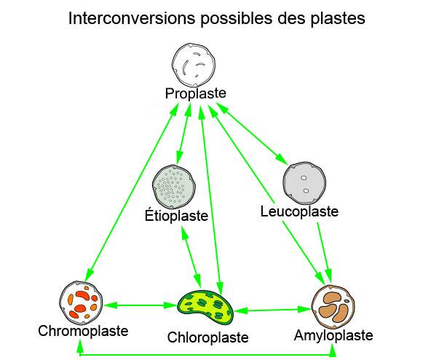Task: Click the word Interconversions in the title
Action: click(x=132, y=18)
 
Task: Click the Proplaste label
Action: click(x=196, y=94)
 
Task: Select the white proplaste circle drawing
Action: click(x=194, y=64)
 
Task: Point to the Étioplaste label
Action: click(x=176, y=215)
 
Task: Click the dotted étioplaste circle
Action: click(x=174, y=186)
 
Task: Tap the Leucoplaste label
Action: click(x=299, y=211)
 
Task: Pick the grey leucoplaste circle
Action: click(x=304, y=183)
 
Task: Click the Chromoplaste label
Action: click(x=83, y=331)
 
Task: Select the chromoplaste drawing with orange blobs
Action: click(x=81, y=302)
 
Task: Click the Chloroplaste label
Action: click(x=207, y=337)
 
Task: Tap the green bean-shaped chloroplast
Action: click(x=206, y=307)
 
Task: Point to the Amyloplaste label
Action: click(x=333, y=335)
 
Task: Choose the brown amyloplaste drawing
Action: click(x=333, y=307)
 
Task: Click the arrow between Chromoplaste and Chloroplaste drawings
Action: click(x=140, y=305)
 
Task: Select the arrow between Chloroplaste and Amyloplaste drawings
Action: click(x=273, y=310)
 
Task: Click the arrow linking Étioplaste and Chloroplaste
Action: click(x=191, y=257)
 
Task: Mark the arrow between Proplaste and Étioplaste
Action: click(x=183, y=134)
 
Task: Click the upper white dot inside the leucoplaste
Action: click(x=304, y=178)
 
